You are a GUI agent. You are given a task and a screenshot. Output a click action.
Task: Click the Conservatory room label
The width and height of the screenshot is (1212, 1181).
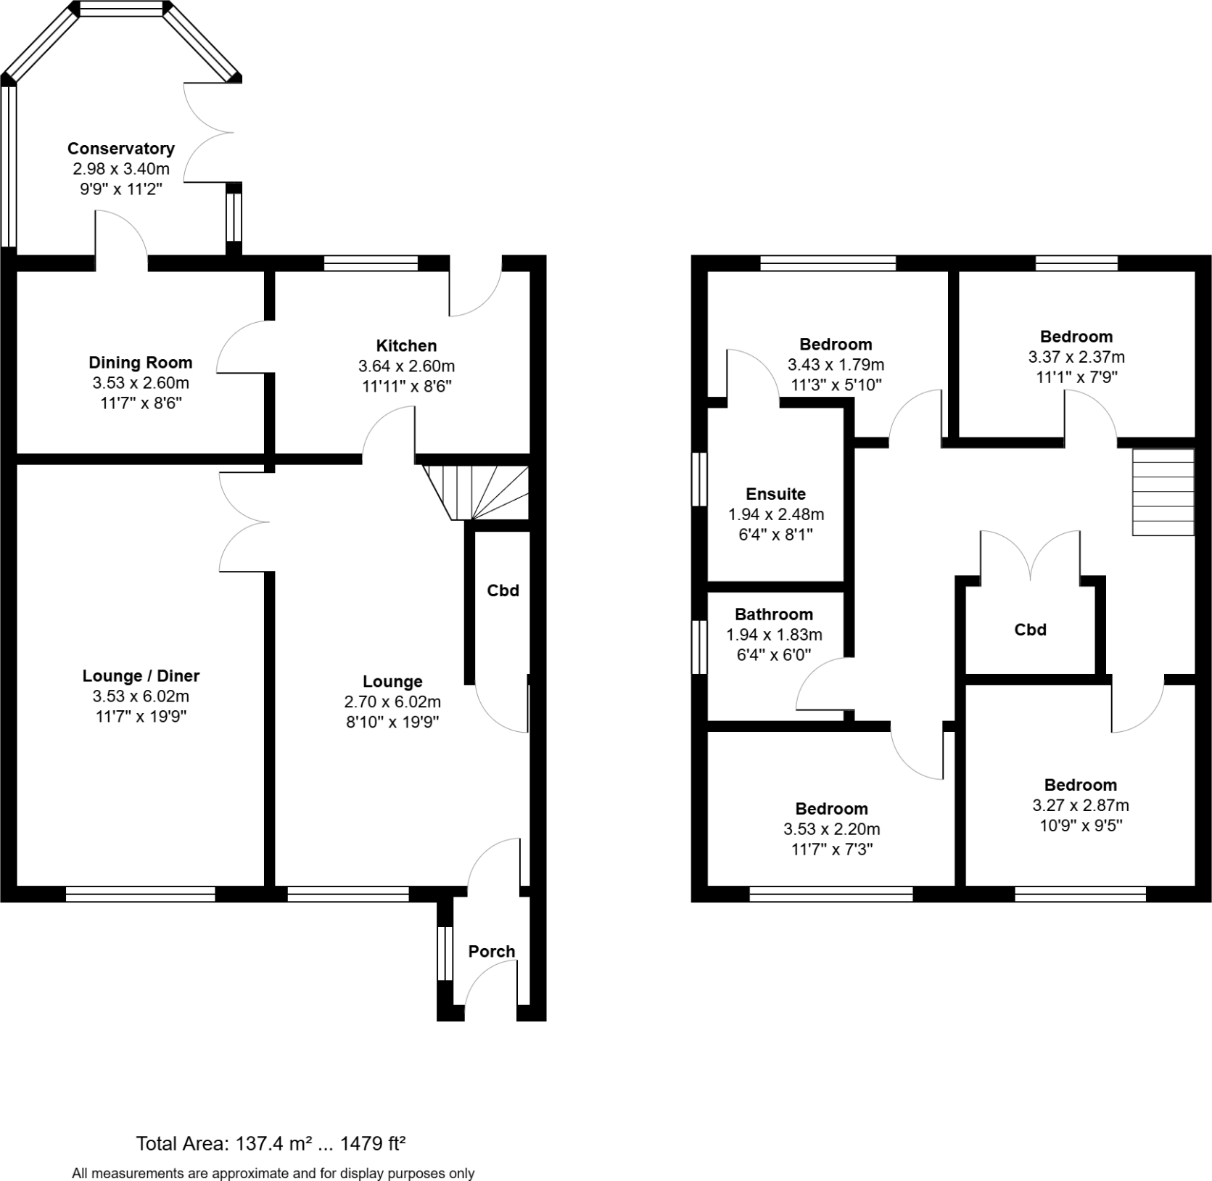(x=120, y=149)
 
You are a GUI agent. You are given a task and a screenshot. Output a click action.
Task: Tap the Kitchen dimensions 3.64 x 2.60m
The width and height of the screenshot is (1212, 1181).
(x=406, y=366)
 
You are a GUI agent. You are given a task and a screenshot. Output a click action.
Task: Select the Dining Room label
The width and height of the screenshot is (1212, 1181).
(x=140, y=363)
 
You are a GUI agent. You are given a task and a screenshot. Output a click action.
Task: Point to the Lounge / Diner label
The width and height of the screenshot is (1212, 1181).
(x=140, y=676)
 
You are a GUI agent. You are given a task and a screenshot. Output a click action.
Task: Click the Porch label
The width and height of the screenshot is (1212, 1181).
(x=491, y=951)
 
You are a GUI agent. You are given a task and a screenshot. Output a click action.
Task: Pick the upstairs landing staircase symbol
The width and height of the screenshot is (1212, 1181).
(x=1163, y=492)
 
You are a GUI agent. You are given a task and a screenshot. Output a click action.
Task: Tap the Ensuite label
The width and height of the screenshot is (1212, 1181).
(x=775, y=494)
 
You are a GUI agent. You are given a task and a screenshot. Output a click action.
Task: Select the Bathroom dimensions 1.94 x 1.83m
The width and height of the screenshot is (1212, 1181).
(x=774, y=635)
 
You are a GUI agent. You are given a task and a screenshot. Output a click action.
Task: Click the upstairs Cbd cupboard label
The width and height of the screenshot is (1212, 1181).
(x=1030, y=630)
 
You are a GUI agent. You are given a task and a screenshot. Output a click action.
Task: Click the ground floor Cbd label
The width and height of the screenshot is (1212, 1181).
(x=503, y=590)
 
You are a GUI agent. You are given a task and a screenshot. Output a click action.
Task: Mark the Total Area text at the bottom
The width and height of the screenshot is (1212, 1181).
(x=271, y=1144)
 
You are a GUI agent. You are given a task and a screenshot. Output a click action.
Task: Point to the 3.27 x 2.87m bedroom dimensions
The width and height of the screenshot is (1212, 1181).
(x=1080, y=805)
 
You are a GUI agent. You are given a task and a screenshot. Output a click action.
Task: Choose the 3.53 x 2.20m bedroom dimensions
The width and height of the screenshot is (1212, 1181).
(x=831, y=829)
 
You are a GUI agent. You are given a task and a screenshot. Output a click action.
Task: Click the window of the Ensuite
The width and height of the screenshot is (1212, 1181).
(x=699, y=479)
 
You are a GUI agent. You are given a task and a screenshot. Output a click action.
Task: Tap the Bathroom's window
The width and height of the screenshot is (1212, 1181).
(x=699, y=647)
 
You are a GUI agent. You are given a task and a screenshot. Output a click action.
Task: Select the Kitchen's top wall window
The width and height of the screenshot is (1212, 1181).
(x=371, y=263)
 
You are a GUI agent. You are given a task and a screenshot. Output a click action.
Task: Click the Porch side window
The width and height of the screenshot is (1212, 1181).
(x=445, y=952)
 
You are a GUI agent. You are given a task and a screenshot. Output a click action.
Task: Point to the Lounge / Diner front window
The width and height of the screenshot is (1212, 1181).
(x=140, y=894)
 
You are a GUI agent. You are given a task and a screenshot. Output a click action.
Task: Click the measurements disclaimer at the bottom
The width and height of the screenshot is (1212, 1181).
(x=273, y=1173)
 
